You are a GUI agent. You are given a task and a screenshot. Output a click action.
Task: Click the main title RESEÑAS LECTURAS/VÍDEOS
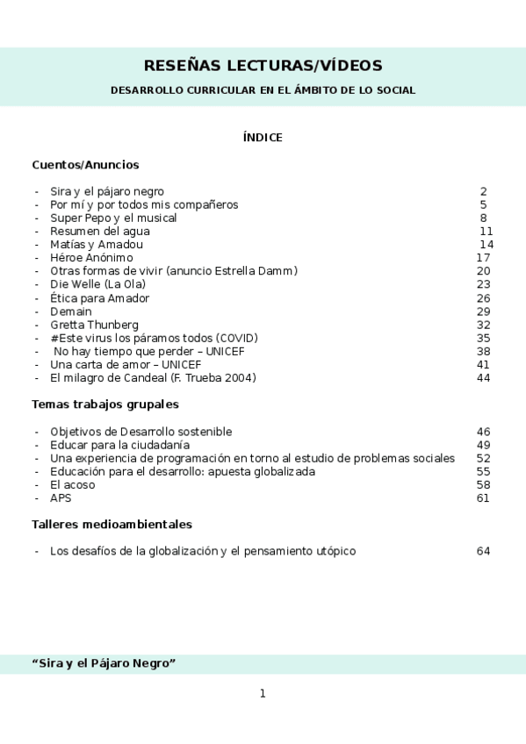click(x=263, y=66)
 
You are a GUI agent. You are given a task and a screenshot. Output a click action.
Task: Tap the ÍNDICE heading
click(x=263, y=138)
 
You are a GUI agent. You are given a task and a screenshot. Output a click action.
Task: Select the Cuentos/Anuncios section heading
click(x=85, y=164)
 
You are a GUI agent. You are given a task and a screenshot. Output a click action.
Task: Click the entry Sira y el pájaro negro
click(x=106, y=191)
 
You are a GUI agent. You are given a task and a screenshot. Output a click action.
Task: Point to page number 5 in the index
click(x=483, y=204)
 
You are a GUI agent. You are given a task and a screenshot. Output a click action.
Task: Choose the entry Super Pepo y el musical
click(x=113, y=218)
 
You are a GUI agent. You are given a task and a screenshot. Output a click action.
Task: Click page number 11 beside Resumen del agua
click(x=486, y=231)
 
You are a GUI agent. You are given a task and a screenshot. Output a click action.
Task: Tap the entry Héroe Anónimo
click(x=91, y=258)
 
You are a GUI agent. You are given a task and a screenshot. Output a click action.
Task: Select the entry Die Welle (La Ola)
click(x=97, y=284)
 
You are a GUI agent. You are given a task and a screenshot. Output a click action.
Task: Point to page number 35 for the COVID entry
click(x=483, y=338)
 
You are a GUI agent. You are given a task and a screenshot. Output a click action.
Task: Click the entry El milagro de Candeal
click(x=153, y=378)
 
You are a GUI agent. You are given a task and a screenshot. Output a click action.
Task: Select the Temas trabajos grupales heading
click(x=105, y=404)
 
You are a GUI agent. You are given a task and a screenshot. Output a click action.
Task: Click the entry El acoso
click(x=73, y=484)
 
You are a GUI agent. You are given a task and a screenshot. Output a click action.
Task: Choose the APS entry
click(x=61, y=498)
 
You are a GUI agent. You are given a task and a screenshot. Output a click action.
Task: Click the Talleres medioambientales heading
click(x=112, y=525)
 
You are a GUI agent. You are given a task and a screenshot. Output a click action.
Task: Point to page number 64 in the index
click(x=483, y=551)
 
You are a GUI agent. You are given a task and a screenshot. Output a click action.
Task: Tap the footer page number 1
click(x=263, y=694)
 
